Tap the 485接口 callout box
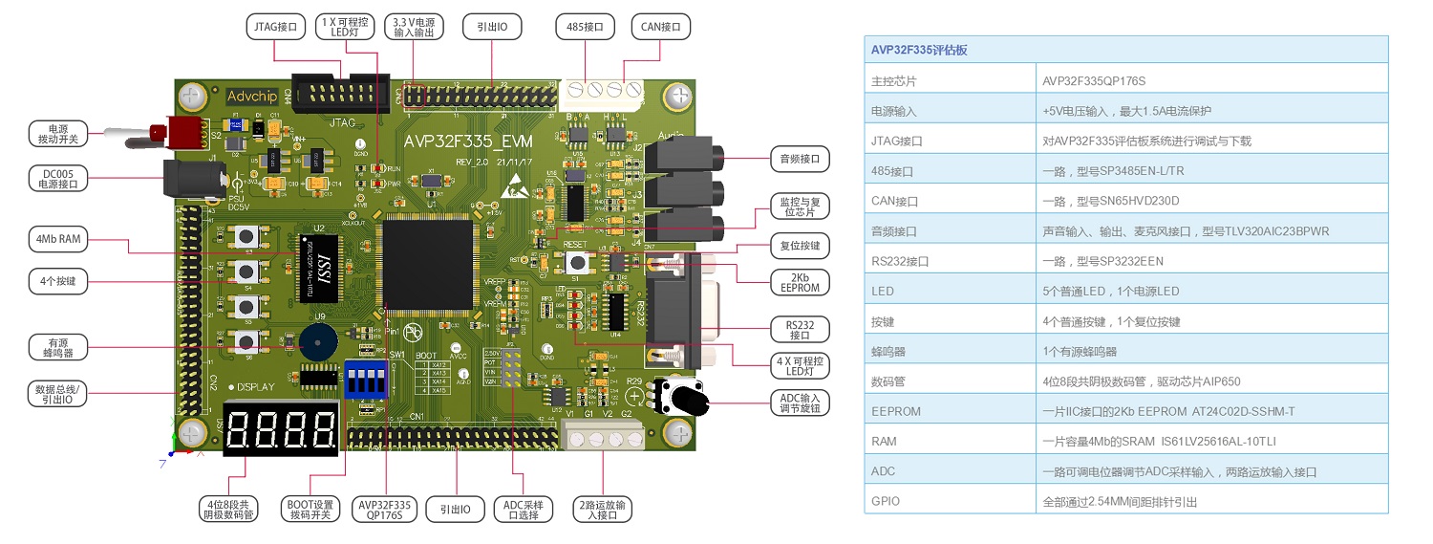point(586,27)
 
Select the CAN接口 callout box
point(659,27)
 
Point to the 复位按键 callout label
point(800,246)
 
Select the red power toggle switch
point(185,133)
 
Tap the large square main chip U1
point(428,264)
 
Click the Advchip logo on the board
point(252,97)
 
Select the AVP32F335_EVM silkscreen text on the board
point(468,141)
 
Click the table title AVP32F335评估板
point(919,50)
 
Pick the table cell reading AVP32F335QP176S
point(1093,80)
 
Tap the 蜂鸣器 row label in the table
point(889,351)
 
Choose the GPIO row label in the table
point(886,501)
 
